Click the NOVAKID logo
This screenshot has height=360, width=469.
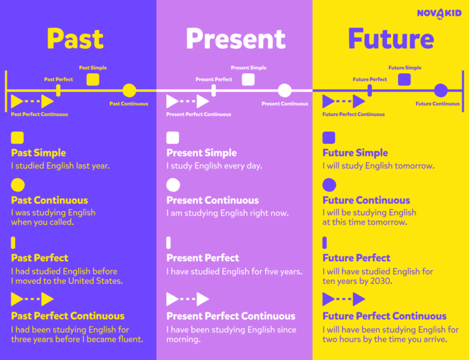[x=438, y=13]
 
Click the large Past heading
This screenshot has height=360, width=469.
[x=75, y=39]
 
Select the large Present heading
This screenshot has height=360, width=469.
[x=235, y=39]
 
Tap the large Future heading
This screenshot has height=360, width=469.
[x=390, y=39]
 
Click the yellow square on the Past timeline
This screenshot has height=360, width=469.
[x=93, y=79]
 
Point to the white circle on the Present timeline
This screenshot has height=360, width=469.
[x=285, y=91]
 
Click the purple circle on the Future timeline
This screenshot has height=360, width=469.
[x=441, y=91]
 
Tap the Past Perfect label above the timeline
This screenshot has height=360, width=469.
[x=59, y=79]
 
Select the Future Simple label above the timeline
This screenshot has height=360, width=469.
[x=405, y=68]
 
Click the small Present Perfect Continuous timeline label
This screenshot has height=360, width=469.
[x=198, y=114]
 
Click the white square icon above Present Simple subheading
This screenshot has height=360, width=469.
[x=173, y=137]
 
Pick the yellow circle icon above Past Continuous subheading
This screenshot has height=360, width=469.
[x=18, y=185]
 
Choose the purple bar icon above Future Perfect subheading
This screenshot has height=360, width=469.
[x=325, y=243]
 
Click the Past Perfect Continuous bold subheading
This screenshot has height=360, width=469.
[x=68, y=316]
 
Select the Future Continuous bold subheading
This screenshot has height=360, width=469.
[x=366, y=200]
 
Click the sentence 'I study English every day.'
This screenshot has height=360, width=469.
[x=213, y=166]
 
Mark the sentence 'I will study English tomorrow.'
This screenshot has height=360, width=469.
[x=379, y=166]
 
